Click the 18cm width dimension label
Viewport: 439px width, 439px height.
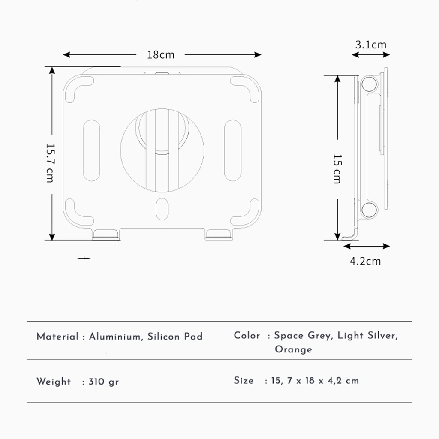161,55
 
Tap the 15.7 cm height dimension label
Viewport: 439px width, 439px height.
50,163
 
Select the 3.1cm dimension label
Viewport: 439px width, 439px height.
371,45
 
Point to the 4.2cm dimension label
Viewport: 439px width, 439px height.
365,261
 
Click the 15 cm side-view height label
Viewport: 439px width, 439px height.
337,168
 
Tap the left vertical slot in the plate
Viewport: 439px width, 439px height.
92,150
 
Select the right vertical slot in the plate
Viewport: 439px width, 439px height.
233,150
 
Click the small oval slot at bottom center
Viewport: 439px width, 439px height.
162,209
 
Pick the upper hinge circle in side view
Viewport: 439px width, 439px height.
369,84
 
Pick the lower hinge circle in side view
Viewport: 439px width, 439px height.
369,210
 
